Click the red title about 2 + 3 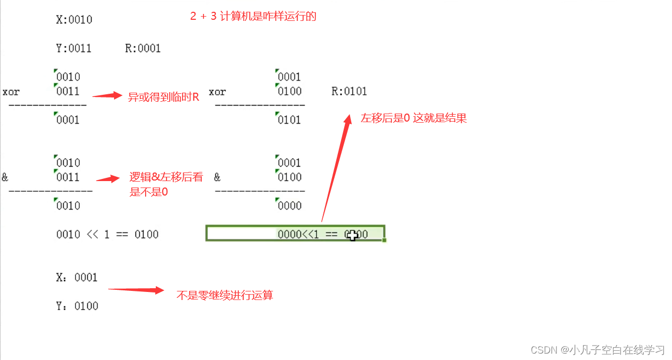tap(253, 17)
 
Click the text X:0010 tap(74, 20)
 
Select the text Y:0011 tap(74, 49)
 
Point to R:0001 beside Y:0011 tap(143, 49)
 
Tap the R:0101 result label tap(349, 92)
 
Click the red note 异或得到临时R tap(163, 97)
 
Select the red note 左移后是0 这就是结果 tap(413, 118)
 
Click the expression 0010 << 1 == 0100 tap(107, 235)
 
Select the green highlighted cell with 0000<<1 tap(295, 234)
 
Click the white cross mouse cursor tap(352, 235)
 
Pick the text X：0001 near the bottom tap(77, 277)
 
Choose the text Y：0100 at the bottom tap(77, 306)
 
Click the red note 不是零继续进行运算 tap(225, 295)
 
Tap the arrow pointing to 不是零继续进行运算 tap(136, 290)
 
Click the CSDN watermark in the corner tap(597, 350)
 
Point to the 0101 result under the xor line tap(289, 120)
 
